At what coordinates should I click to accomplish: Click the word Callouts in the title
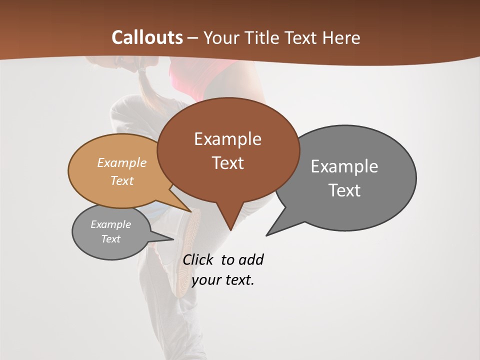coord(147,37)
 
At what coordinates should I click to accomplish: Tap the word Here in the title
coord(341,38)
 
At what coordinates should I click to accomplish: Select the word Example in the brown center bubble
coord(227,139)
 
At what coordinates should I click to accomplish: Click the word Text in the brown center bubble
coord(227,163)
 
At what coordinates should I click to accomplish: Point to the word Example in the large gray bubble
coord(344,166)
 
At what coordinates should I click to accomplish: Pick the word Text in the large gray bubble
coord(344,190)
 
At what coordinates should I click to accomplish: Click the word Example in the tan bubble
coord(122,162)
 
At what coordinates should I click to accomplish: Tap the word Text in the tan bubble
coord(122,180)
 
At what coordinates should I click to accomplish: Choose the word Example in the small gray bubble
coord(111,224)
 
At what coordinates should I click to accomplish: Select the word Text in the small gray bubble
coord(111,239)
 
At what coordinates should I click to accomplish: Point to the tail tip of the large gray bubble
coord(266,235)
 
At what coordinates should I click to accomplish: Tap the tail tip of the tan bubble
coord(190,212)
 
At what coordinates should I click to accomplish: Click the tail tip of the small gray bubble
coord(173,239)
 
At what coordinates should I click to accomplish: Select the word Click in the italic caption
coord(199,259)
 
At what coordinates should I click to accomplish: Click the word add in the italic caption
coord(251,260)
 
